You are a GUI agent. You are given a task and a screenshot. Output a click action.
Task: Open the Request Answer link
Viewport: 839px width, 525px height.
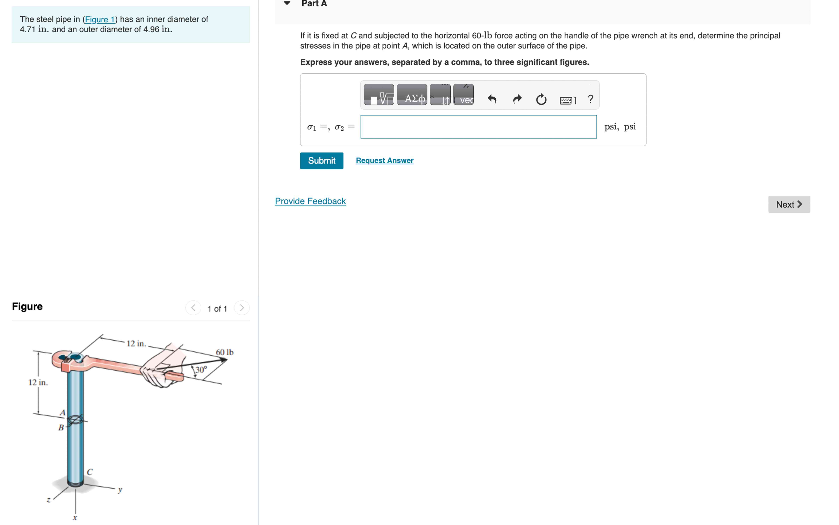[385, 160]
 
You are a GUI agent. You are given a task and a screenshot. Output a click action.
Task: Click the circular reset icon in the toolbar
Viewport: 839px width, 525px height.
[541, 100]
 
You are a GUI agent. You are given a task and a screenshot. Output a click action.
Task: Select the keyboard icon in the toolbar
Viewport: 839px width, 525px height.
[566, 100]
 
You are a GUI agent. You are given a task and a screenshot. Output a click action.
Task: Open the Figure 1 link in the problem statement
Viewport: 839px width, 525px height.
[100, 19]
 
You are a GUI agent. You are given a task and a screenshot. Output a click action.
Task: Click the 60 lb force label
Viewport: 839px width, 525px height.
[225, 352]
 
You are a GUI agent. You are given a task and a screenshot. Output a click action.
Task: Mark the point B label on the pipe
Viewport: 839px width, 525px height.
[61, 427]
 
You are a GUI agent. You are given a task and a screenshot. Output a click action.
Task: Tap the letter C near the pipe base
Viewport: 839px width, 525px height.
[90, 472]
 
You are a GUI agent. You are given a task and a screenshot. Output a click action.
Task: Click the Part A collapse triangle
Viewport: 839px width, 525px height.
[287, 3]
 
